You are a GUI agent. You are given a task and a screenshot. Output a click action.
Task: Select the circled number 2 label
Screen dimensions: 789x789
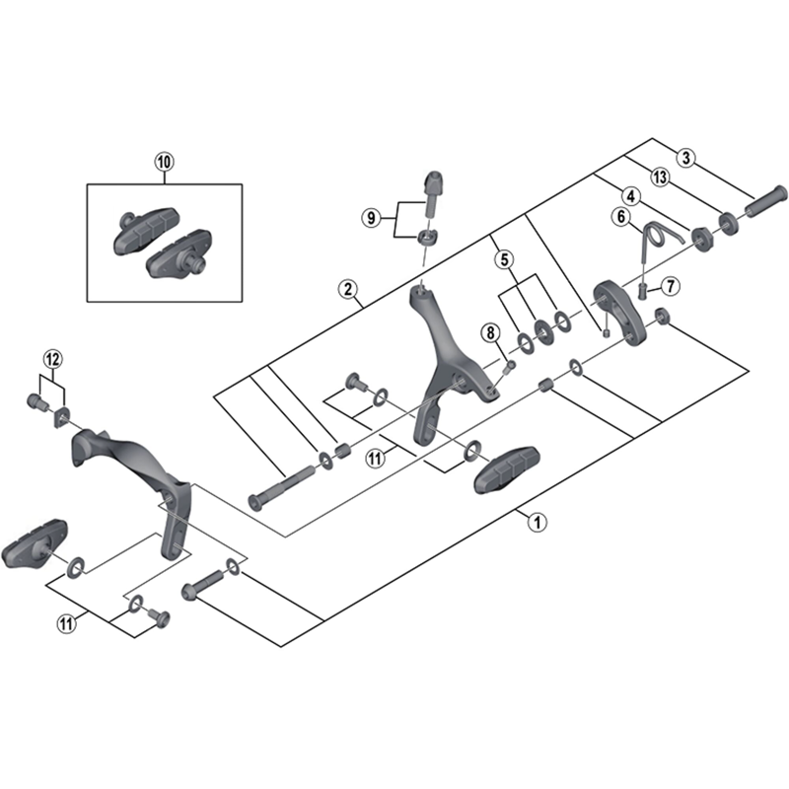[x=347, y=289]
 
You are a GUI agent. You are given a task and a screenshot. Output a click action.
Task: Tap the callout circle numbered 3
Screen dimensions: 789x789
[x=688, y=156]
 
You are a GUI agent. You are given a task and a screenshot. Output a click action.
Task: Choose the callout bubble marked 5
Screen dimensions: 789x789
[x=504, y=259]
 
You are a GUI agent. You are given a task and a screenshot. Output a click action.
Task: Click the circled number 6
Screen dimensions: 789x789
[x=621, y=217]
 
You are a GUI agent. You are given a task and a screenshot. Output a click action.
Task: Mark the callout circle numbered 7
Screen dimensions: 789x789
[x=671, y=287]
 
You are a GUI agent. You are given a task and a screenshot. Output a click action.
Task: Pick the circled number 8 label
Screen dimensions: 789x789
[x=489, y=333]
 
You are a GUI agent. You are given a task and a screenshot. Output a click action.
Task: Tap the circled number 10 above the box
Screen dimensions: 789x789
[x=164, y=160]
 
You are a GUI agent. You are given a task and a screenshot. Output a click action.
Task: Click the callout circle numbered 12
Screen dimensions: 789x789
[x=52, y=356]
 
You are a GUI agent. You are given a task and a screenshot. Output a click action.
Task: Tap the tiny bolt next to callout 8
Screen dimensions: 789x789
[x=510, y=366]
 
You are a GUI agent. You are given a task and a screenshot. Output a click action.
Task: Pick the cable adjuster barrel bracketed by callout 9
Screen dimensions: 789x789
[x=432, y=189]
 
